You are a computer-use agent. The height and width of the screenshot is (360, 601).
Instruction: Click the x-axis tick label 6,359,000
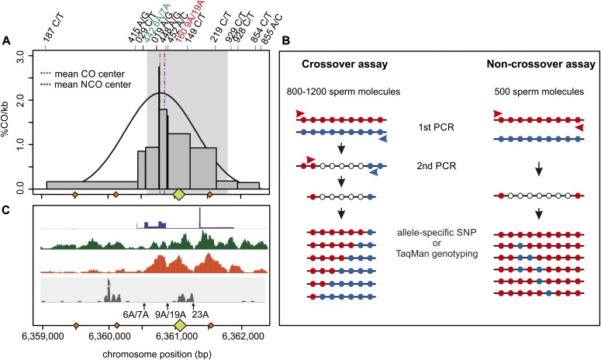(x=44, y=338)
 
